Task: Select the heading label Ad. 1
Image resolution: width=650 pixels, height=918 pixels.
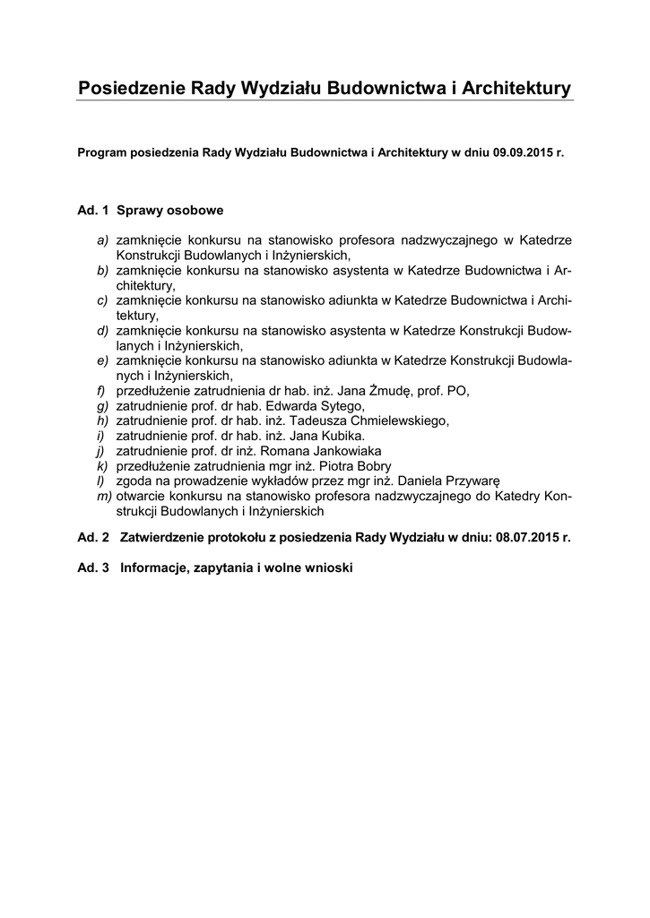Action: [93, 212]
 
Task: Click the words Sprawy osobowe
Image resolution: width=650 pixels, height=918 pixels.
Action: [169, 212]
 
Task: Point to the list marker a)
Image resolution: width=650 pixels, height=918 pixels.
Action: [103, 240]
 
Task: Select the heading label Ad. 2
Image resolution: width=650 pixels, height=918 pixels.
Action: [93, 538]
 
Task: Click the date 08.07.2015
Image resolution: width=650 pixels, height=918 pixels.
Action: [526, 538]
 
